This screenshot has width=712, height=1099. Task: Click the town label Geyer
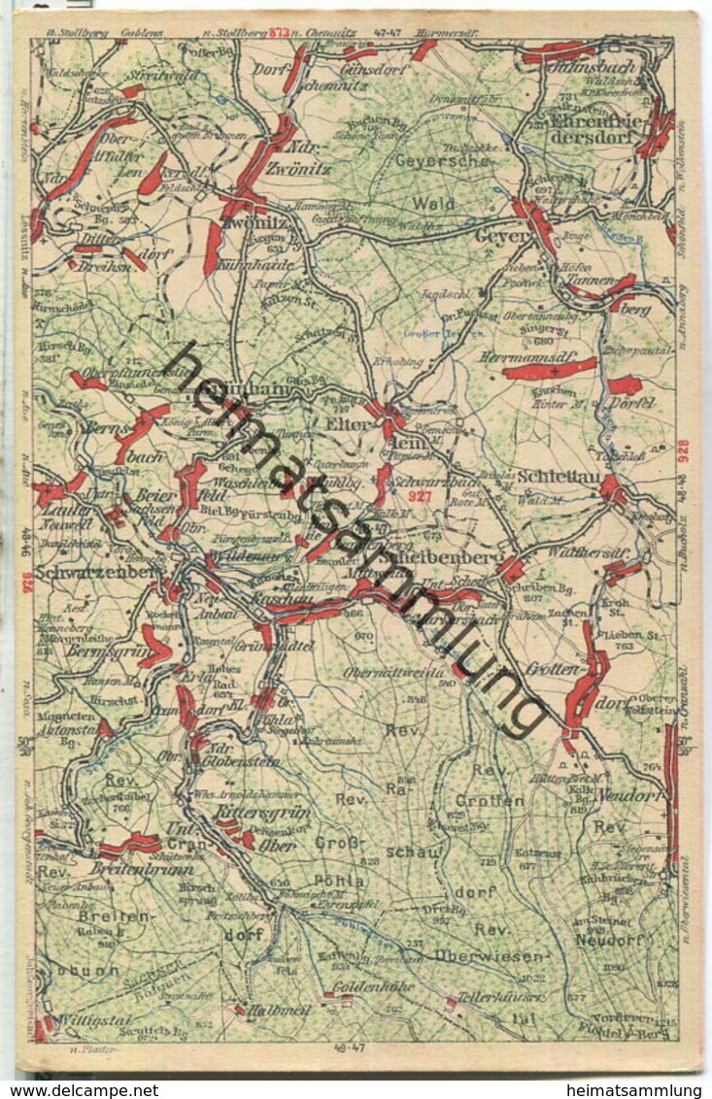coord(500,236)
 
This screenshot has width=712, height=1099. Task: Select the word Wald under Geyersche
coord(432,204)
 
